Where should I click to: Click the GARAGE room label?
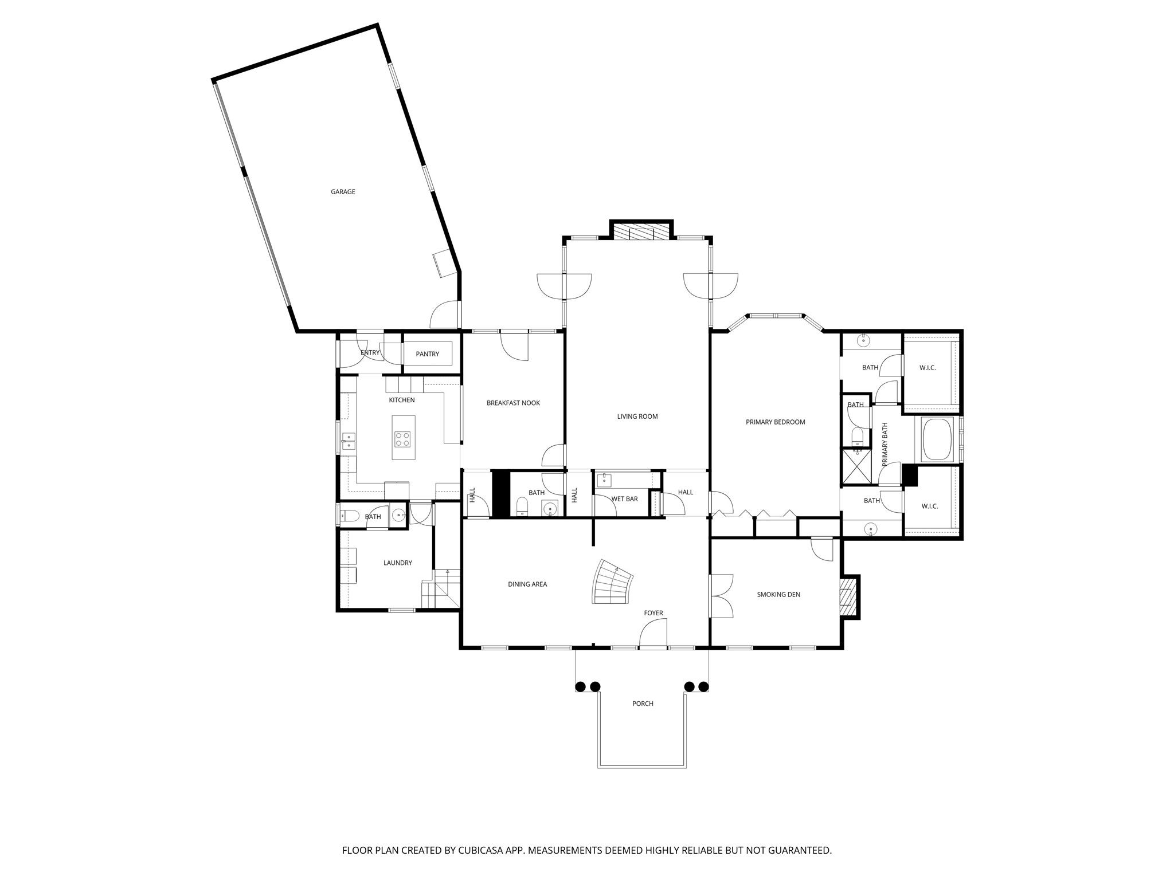coord(343,192)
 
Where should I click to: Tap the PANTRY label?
coord(428,354)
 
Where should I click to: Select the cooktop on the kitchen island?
coord(402,439)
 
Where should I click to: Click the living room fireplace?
coord(641,232)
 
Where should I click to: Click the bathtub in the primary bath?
coord(937,439)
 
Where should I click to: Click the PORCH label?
coord(643,704)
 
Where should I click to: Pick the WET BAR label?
coord(624,499)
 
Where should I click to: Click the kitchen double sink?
coord(349,441)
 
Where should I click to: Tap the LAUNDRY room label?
coord(398,563)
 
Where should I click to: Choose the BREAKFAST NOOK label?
coord(513,403)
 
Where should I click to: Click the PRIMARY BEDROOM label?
coord(775,422)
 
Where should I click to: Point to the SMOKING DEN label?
coord(778,595)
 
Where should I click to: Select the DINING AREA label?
coord(527,584)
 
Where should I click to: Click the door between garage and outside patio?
coord(446,315)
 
